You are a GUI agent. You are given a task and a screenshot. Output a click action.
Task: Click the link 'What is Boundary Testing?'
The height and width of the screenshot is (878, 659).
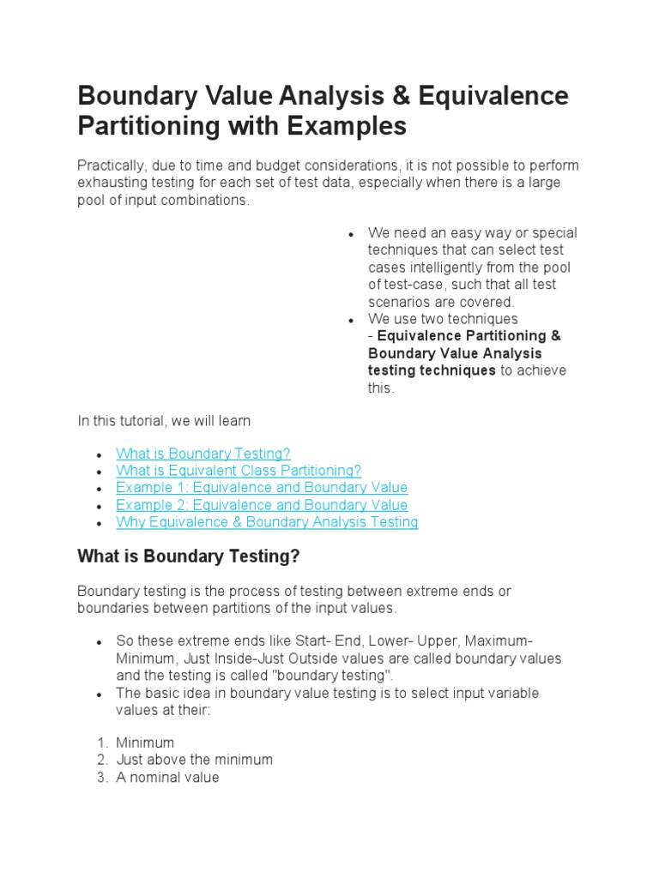[x=203, y=454]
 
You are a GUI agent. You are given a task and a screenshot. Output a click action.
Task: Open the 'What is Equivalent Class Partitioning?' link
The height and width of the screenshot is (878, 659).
[x=239, y=471]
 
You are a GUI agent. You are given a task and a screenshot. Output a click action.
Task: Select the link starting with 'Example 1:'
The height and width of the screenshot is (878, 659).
[x=262, y=488]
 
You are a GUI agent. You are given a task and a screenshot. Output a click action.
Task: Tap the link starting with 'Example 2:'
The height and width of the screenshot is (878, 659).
[x=262, y=505]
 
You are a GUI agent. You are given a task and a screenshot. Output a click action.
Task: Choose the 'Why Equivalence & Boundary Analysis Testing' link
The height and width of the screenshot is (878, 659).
[x=267, y=522]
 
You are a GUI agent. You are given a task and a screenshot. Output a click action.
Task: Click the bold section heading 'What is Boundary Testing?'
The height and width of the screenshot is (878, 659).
[x=189, y=556]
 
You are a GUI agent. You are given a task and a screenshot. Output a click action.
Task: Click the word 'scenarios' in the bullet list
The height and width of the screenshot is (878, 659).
[x=399, y=302]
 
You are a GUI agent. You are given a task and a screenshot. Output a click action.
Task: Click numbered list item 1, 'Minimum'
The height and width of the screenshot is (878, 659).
[x=145, y=743]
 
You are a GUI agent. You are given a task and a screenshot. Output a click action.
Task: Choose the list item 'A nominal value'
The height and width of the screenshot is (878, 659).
[x=167, y=777]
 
